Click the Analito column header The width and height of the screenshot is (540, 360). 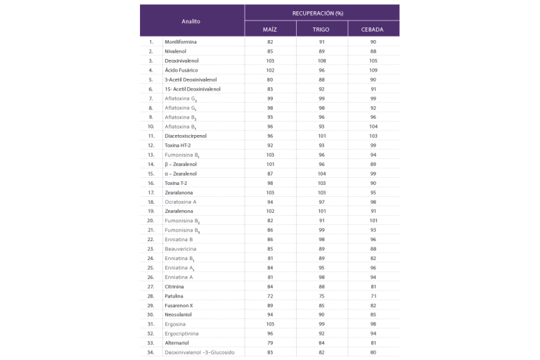pyautogui.click(x=191, y=21)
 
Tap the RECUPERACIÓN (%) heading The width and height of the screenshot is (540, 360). pyautogui.click(x=322, y=13)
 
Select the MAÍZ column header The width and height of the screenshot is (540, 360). pyautogui.click(x=270, y=30)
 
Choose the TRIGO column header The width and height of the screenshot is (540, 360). pyautogui.click(x=321, y=30)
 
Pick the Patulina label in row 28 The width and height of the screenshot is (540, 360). pyautogui.click(x=176, y=295)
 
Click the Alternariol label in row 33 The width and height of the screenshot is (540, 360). pyautogui.click(x=180, y=342)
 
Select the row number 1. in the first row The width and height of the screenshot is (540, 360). pyautogui.click(x=151, y=41)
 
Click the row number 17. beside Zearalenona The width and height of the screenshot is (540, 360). pyautogui.click(x=151, y=191)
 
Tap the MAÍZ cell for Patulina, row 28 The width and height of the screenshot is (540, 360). pyautogui.click(x=270, y=295)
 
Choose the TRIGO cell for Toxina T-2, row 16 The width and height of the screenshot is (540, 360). pyautogui.click(x=321, y=182)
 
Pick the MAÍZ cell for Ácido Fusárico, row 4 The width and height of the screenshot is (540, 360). pyautogui.click(x=270, y=70)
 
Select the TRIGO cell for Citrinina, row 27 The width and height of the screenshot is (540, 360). pyautogui.click(x=321, y=285)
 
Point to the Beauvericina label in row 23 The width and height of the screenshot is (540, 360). pyautogui.click(x=182, y=248)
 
